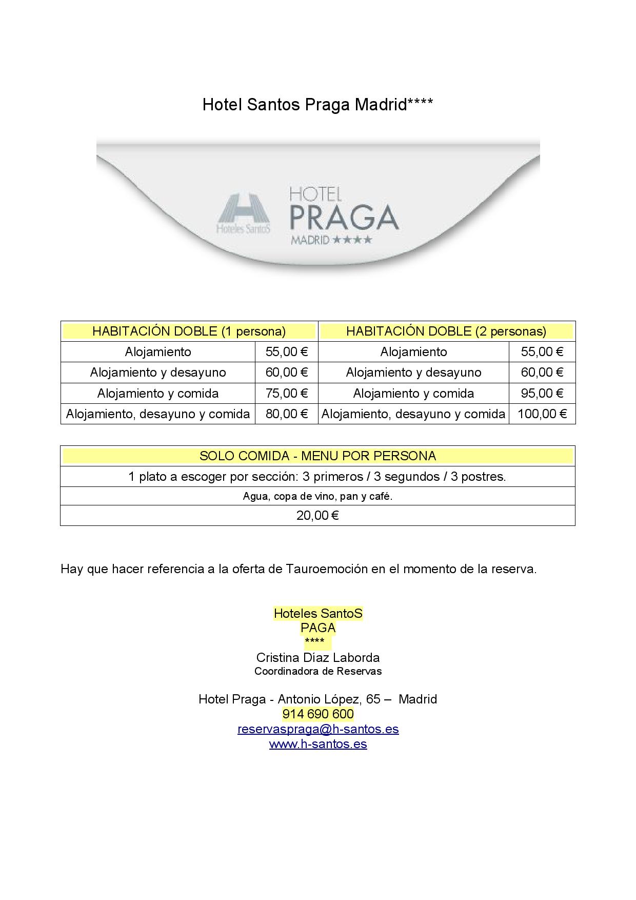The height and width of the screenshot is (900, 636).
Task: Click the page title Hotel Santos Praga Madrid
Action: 317,105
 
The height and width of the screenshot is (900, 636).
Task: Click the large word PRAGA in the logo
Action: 344,218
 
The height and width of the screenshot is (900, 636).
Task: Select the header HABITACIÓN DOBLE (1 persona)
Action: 189,331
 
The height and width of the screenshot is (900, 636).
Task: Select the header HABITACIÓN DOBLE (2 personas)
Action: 446,331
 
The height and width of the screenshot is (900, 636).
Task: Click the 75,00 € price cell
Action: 287,393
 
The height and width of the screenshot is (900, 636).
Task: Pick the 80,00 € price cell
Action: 287,414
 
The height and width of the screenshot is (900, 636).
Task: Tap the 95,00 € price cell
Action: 542,393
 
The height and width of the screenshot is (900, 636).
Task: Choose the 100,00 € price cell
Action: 542,414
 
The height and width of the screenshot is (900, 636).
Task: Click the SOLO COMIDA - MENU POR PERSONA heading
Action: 317,456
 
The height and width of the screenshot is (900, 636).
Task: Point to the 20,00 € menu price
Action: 317,515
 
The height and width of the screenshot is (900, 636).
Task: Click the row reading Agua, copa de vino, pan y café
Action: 317,496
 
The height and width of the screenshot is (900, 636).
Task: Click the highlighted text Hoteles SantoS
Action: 318,613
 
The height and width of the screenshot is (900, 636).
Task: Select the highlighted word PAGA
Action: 318,628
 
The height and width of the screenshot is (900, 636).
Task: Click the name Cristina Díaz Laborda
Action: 318,657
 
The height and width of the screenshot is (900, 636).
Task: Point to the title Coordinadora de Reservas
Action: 318,671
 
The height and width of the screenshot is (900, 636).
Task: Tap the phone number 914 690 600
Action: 318,714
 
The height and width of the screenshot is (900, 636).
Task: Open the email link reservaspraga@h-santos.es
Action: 318,729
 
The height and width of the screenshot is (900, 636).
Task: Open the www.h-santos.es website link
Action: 318,744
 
